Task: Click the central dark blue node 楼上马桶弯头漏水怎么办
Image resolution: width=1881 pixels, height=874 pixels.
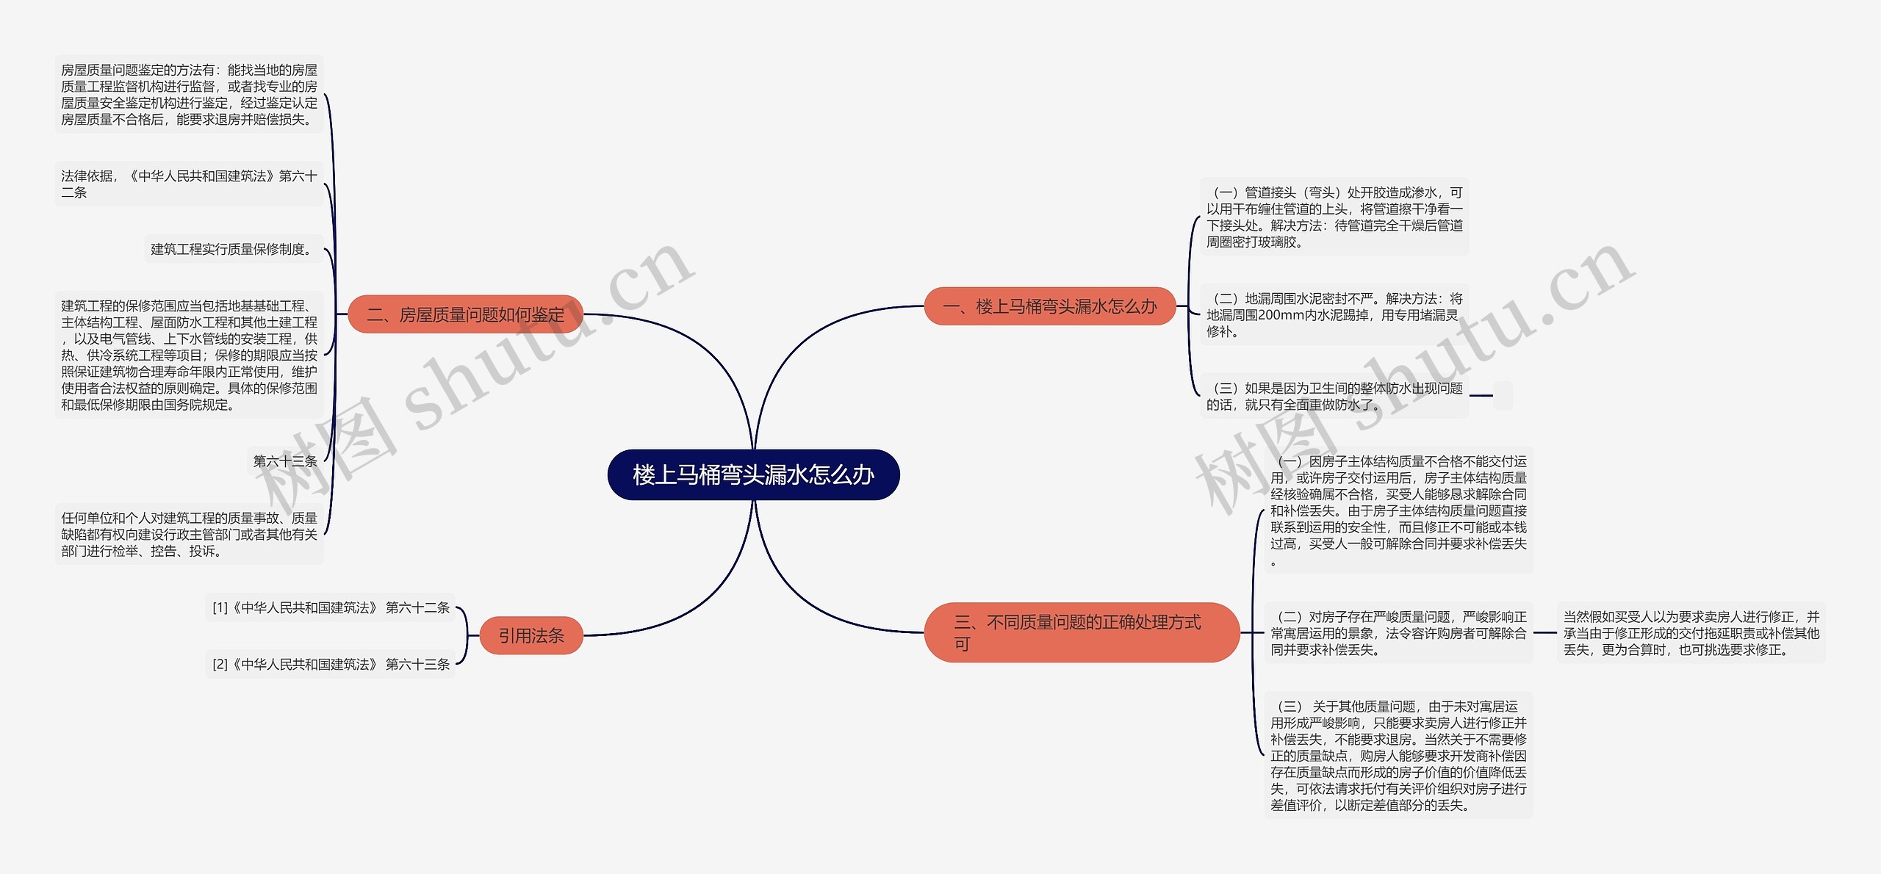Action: (753, 474)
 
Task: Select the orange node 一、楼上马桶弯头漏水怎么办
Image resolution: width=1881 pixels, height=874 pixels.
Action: (1049, 306)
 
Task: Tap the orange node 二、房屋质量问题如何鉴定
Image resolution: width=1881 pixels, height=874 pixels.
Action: (465, 314)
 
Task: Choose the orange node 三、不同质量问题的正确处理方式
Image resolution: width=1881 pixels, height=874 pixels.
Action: (1081, 632)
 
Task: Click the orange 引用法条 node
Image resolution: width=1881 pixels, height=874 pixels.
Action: (531, 635)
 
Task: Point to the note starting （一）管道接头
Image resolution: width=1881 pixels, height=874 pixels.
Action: (1334, 217)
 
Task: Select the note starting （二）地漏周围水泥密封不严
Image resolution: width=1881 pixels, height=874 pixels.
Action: (1334, 314)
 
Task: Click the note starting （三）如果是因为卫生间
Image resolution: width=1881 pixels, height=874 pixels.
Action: (1334, 396)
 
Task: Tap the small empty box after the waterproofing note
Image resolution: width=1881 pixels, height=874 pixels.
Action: (1503, 395)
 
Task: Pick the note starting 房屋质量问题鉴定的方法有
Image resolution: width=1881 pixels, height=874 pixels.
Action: (189, 94)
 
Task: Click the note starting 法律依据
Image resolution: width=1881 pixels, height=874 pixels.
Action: (189, 184)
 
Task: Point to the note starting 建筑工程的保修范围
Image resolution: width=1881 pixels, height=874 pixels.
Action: (189, 355)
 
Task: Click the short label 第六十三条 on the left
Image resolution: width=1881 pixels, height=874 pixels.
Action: (284, 461)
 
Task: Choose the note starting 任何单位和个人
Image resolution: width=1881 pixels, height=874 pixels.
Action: (189, 534)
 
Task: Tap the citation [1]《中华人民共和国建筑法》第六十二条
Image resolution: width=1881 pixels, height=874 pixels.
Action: (331, 607)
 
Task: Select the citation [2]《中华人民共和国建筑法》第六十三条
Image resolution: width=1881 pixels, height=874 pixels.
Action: (331, 664)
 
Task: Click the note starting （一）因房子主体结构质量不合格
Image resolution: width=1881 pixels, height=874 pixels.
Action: (1398, 510)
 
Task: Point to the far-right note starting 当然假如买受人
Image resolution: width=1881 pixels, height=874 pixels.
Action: (1691, 632)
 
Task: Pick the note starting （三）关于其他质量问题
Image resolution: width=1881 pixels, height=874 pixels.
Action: (1398, 755)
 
